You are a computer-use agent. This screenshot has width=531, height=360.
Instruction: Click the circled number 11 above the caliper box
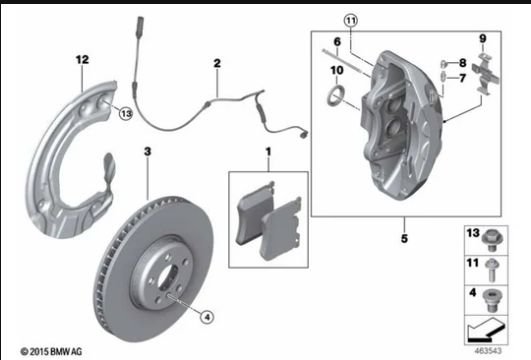[x=351, y=21]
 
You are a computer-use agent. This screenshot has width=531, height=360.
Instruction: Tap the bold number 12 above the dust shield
[x=82, y=60]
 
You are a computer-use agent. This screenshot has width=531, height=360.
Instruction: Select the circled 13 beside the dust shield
[x=126, y=114]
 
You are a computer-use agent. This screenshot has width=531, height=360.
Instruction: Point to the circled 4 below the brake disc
[x=207, y=317]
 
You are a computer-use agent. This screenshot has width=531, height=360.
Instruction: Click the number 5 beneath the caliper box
[x=404, y=238]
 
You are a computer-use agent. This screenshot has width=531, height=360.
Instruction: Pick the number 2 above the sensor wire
[x=217, y=63]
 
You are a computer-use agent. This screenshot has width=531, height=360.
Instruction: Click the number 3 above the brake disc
[x=147, y=151]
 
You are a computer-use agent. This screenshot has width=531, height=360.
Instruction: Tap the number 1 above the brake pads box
[x=268, y=152]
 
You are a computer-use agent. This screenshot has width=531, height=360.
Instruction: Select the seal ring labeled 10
[x=336, y=96]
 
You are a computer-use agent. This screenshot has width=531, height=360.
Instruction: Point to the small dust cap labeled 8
[x=443, y=64]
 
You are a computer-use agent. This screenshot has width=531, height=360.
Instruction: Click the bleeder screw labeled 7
[x=443, y=78]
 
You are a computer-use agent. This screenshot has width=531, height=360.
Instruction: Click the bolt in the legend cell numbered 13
[x=493, y=241]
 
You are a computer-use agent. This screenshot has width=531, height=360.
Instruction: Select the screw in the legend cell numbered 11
[x=491, y=270]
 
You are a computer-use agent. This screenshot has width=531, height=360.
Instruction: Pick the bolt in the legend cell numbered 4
[x=492, y=300]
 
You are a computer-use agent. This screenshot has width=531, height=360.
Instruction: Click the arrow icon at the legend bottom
[x=487, y=330]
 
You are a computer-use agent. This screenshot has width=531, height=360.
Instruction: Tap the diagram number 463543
[x=488, y=351]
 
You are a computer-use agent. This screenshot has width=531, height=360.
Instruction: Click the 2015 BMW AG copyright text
[x=51, y=352]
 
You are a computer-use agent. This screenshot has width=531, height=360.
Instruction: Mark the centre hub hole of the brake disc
[x=168, y=278]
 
